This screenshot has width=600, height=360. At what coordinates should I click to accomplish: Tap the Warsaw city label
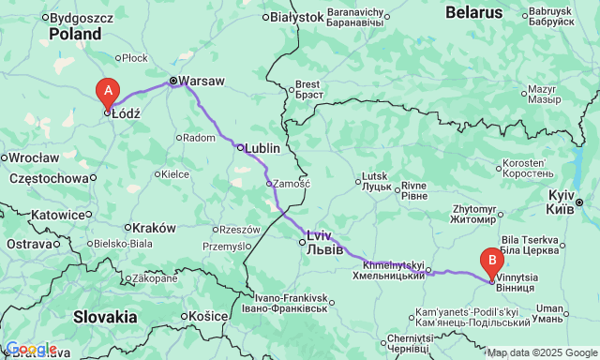pyautogui.click(x=202, y=82)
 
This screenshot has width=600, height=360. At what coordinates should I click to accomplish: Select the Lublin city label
pyautogui.click(x=262, y=147)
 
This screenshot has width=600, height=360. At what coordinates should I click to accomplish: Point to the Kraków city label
pyautogui.click(x=154, y=228)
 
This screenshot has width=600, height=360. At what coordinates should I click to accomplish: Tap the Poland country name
pyautogui.click(x=75, y=34)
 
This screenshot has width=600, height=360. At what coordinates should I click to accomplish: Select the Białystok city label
pyautogui.click(x=296, y=17)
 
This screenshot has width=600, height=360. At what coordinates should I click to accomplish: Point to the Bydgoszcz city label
pyautogui.click(x=82, y=17)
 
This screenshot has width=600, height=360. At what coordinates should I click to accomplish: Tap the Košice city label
pyautogui.click(x=207, y=316)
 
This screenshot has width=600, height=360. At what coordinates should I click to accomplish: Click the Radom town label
pyautogui.click(x=201, y=137)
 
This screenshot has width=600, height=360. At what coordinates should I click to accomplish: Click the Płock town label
pyautogui.click(x=135, y=58)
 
